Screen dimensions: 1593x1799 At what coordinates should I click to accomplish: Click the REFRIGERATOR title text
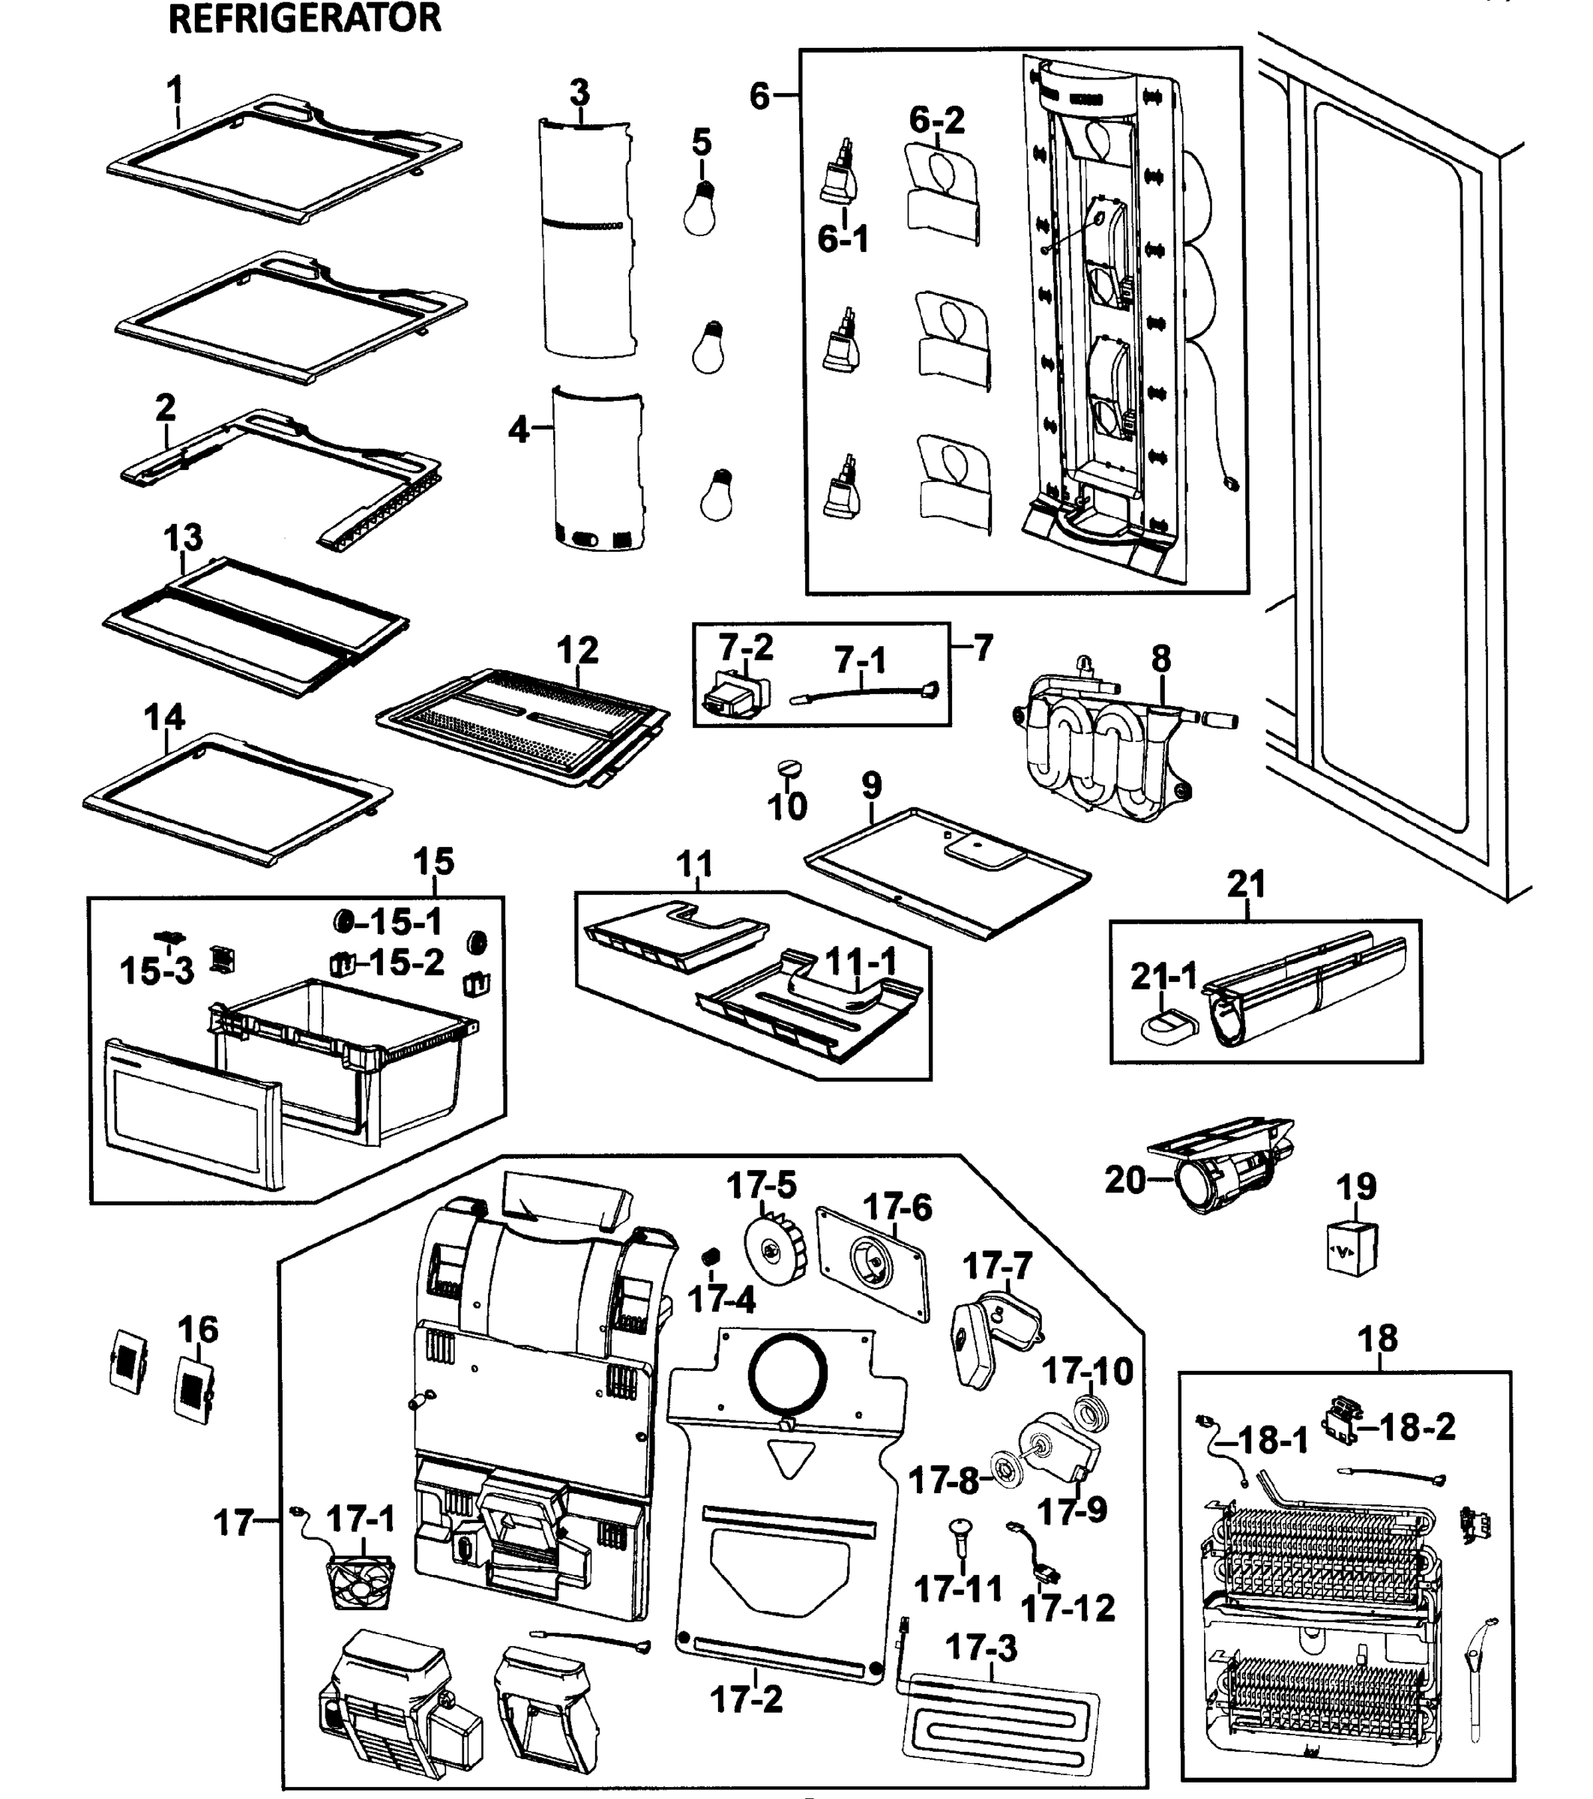(304, 19)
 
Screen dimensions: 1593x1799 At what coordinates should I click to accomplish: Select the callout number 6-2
(936, 119)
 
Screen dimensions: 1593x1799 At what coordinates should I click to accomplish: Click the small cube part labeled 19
(1352, 1248)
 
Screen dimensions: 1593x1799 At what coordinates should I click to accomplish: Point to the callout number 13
(183, 537)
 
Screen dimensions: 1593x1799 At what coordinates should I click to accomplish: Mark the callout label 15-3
(157, 971)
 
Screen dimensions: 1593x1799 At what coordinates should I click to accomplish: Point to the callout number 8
(1161, 657)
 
